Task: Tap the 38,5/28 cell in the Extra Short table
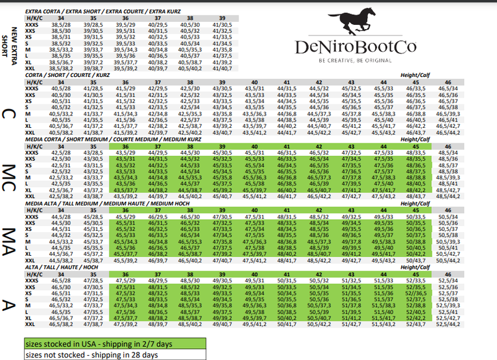click(x=60, y=24)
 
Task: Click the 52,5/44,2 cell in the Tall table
click(x=448, y=324)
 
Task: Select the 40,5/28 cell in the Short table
click(x=60, y=89)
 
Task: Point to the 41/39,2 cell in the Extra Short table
click(x=222, y=63)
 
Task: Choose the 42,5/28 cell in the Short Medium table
click(x=60, y=153)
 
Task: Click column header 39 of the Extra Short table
click(x=222, y=18)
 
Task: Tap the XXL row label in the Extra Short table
click(x=29, y=68)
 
